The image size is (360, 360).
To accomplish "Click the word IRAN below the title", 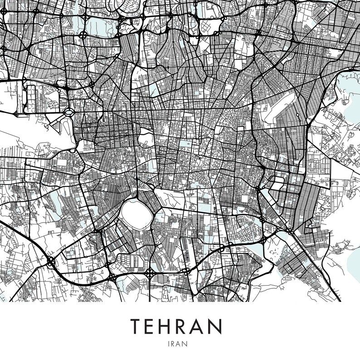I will pyautogui.click(x=180, y=344).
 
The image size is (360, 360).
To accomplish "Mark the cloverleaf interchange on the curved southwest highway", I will pyautogui.click(x=50, y=262).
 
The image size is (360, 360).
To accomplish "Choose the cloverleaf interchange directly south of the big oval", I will pyautogui.click(x=149, y=272).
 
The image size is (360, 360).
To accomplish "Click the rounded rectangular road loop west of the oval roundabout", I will pyautogui.click(x=31, y=98).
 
